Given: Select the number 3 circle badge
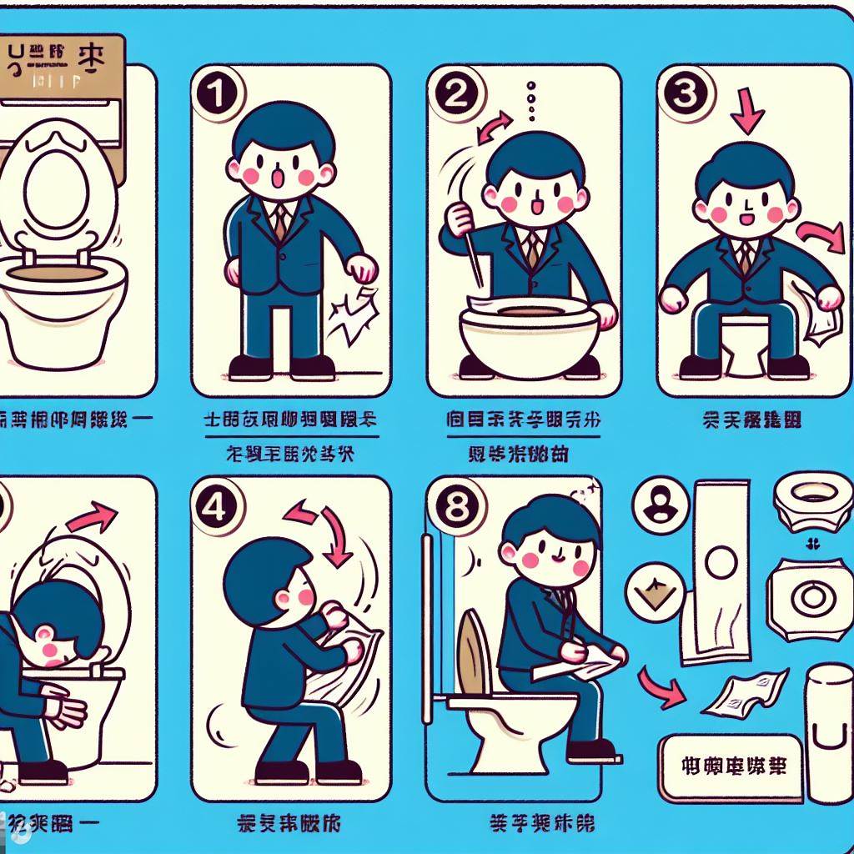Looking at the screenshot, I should (x=684, y=95).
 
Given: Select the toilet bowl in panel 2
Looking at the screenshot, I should (x=529, y=334).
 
